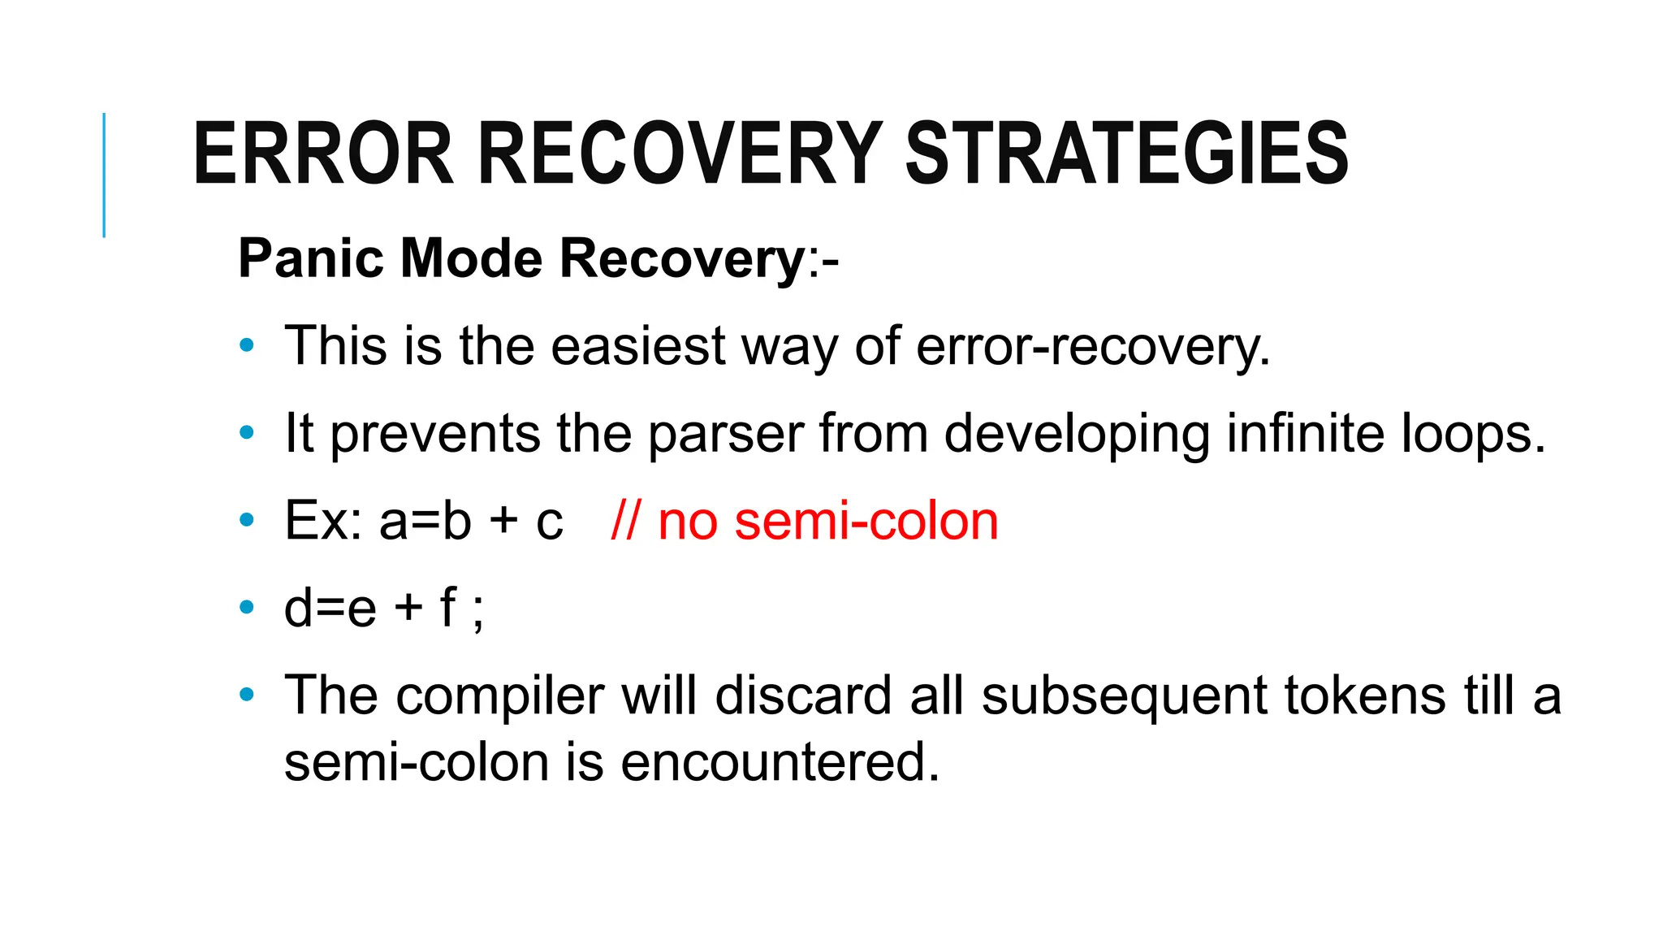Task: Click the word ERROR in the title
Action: click(x=322, y=154)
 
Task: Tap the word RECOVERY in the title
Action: click(x=680, y=154)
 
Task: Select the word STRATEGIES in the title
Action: click(x=1126, y=154)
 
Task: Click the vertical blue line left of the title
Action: click(x=104, y=175)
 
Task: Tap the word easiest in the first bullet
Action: click(x=638, y=346)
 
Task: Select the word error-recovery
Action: click(x=1093, y=346)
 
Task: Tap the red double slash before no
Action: click(x=625, y=521)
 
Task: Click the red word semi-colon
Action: click(x=866, y=521)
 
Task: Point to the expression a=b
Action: click(x=425, y=521)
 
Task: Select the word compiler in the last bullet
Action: click(x=500, y=696)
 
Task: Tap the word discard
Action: click(x=803, y=696)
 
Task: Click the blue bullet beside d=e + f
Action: click(x=247, y=607)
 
